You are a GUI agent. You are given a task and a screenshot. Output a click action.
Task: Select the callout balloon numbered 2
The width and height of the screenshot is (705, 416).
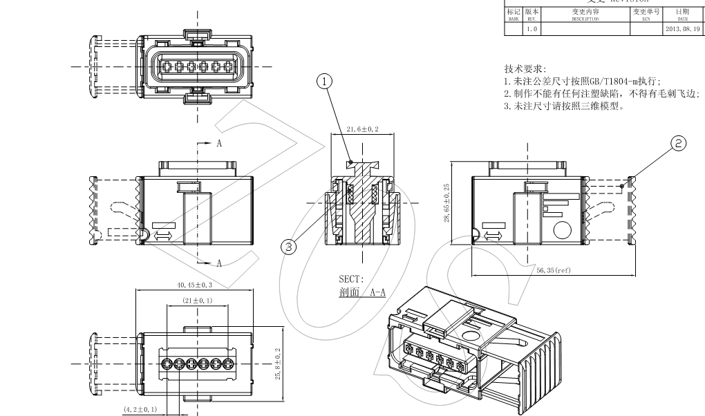click(679, 143)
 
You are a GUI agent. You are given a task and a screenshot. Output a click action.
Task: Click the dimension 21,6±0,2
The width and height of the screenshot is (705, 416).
click(361, 129)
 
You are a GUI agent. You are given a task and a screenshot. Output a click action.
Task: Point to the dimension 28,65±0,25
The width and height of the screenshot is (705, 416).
click(446, 202)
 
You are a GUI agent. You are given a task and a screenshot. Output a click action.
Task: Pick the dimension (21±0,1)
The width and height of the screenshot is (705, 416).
click(197, 301)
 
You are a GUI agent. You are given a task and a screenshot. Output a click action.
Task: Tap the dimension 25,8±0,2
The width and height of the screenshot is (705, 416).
click(277, 364)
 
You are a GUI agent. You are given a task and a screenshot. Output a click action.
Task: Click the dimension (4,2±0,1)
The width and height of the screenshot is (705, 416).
click(140, 409)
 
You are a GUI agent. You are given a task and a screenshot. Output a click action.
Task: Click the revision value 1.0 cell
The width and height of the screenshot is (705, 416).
click(532, 29)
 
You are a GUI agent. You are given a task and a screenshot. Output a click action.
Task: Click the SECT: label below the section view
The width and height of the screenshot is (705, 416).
click(349, 279)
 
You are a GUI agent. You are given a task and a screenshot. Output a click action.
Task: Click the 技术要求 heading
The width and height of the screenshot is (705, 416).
click(525, 69)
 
